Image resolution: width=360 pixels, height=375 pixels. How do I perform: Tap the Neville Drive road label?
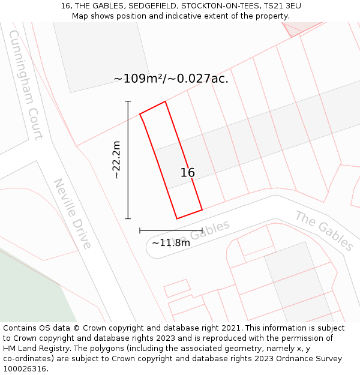coord(73,213)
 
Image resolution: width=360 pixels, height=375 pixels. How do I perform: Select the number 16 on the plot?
coord(187,173)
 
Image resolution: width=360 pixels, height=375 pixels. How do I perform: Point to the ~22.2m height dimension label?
coord(116,160)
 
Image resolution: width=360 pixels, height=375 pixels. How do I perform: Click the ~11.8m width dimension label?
coord(170,243)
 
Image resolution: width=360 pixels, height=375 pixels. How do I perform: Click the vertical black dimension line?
coord(128,160)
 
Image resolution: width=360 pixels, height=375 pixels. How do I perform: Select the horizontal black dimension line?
coord(170,230)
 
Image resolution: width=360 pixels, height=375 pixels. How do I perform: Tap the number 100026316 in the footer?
coord(24,369)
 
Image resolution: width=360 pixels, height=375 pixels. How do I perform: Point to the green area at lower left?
coord(30,288)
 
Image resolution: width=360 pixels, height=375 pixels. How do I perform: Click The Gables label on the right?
coord(324,230)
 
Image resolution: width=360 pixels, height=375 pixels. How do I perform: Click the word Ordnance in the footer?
coord(298,359)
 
